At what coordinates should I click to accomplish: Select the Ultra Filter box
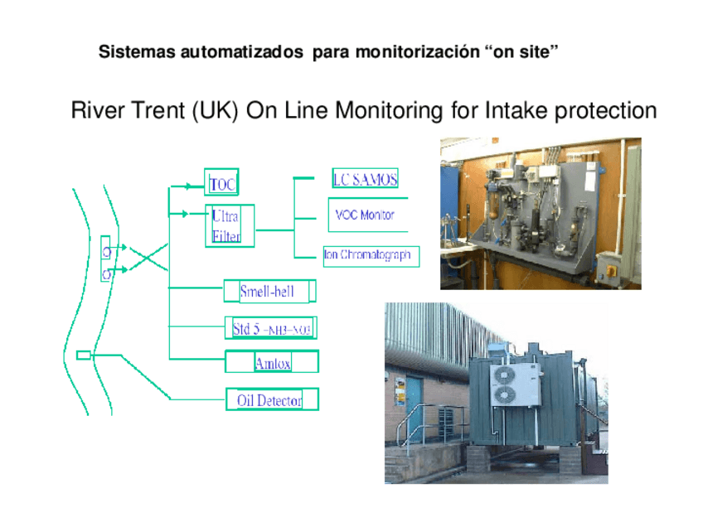(x=229, y=225)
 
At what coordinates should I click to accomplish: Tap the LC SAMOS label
(x=365, y=179)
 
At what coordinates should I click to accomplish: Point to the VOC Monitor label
(x=365, y=215)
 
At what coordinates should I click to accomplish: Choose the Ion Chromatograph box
(x=367, y=255)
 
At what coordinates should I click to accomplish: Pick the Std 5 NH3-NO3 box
(x=271, y=329)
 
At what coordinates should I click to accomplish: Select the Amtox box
(x=271, y=363)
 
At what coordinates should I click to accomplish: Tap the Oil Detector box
(x=271, y=400)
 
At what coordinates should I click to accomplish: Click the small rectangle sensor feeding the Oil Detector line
(x=84, y=355)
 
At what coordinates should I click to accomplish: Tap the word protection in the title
(x=605, y=111)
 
